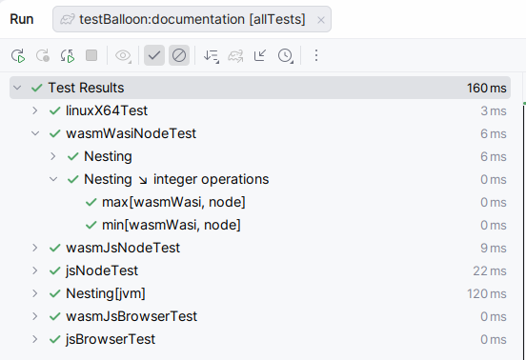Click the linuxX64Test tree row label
click(106, 110)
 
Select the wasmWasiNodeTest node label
click(131, 133)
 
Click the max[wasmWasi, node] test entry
click(173, 202)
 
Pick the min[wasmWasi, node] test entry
click(171, 225)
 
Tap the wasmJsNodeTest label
click(123, 248)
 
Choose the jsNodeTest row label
click(102, 270)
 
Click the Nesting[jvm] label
click(105, 293)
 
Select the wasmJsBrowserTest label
click(131, 316)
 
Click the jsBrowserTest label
click(111, 339)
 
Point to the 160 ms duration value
click(486, 88)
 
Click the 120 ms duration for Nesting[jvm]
click(486, 293)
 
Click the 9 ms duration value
click(494, 248)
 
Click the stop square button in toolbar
click(91, 56)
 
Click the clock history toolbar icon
click(285, 56)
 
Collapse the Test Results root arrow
click(17, 88)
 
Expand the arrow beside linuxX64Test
click(34, 110)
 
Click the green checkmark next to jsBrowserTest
click(54, 339)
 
